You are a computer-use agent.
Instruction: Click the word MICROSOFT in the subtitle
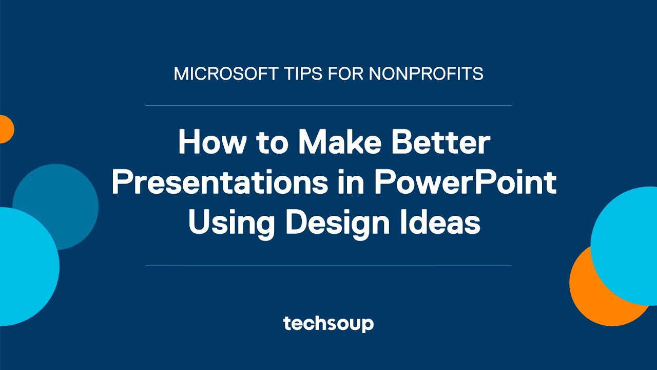coord(214,74)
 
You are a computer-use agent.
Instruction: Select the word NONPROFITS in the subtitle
coord(426,74)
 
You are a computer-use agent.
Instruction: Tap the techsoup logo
coord(328,324)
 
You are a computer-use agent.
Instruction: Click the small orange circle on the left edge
coord(5,129)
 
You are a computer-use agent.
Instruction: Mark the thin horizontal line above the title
coord(328,105)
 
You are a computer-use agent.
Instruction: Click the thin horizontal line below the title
coord(328,266)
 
